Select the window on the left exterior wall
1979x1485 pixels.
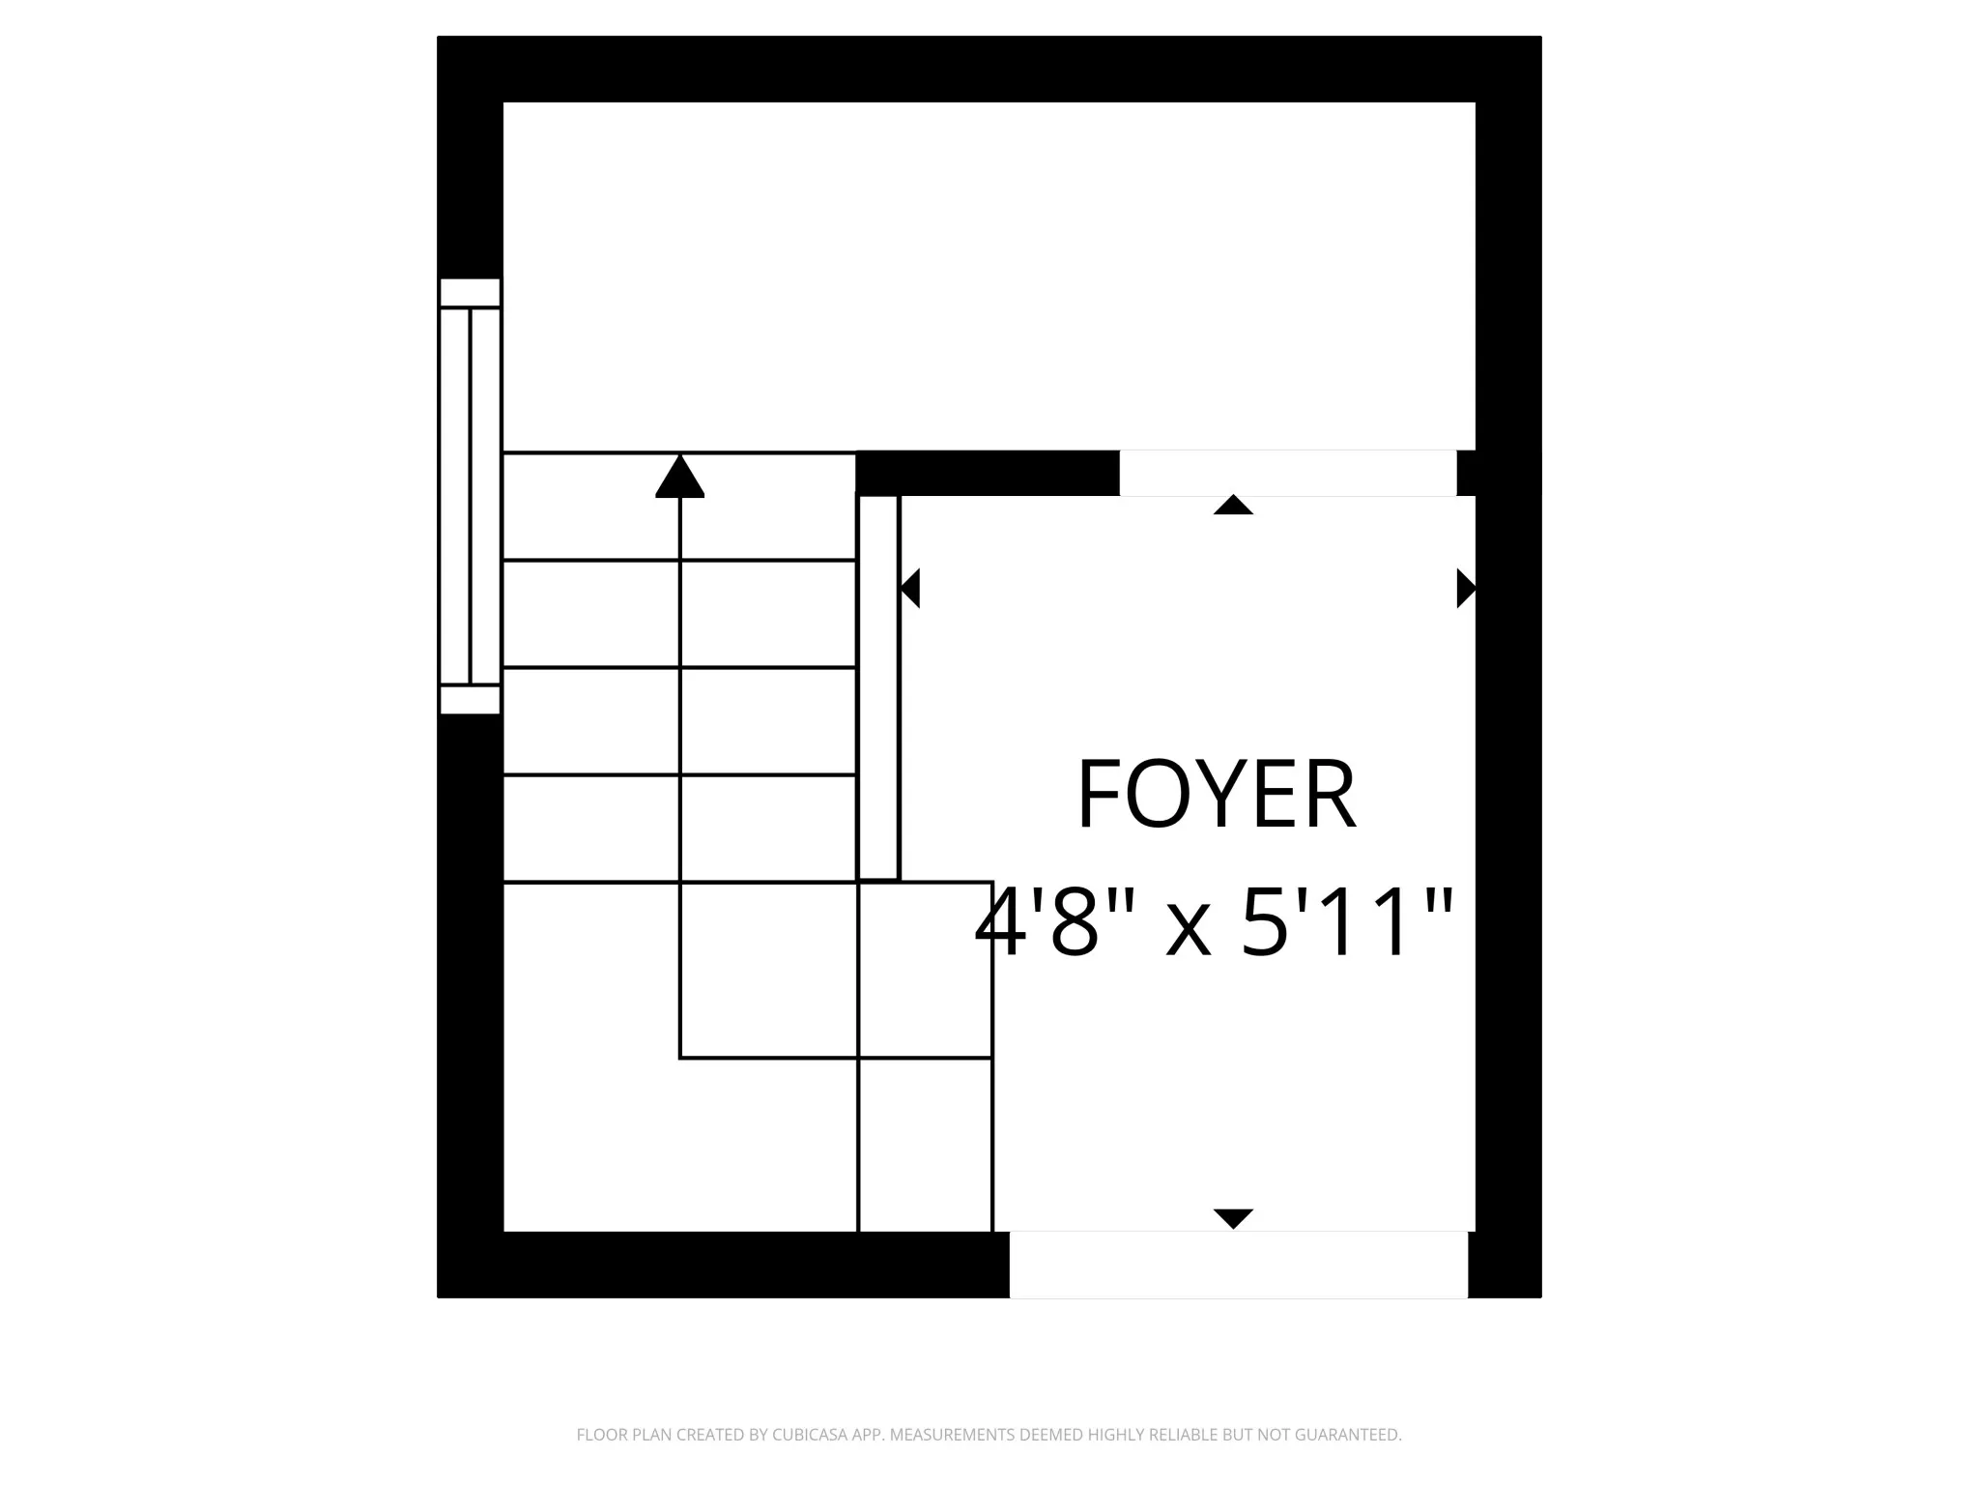[x=470, y=496]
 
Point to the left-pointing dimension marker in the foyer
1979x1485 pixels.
[x=909, y=588]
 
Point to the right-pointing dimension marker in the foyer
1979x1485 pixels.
[x=1466, y=588]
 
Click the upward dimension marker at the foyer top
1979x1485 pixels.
[x=1233, y=505]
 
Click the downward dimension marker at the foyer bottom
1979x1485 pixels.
[x=1233, y=1218]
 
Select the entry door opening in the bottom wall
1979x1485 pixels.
[x=1239, y=1265]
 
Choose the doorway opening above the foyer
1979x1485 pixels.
[x=1288, y=473]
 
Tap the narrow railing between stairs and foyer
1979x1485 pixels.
[x=878, y=687]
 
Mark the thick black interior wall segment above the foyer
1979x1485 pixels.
[x=988, y=473]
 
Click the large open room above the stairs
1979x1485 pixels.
[x=989, y=277]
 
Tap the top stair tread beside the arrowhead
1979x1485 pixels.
[x=680, y=506]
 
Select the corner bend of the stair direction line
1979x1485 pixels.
[x=680, y=1058]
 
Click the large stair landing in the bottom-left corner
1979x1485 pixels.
[x=680, y=1057]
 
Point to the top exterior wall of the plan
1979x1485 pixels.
[x=989, y=70]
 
